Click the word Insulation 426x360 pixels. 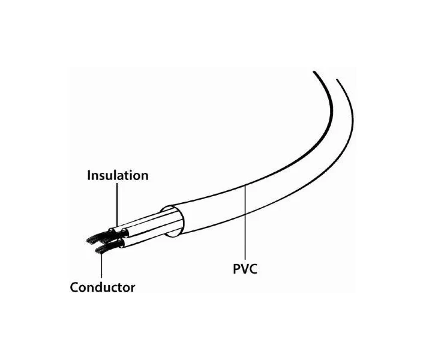tap(118, 175)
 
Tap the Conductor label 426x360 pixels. tap(103, 287)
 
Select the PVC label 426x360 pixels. tap(245, 269)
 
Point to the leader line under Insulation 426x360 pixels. tap(117, 205)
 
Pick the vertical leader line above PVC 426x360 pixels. tap(245, 222)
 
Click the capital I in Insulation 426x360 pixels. tap(89, 176)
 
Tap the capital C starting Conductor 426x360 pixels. tap(74, 287)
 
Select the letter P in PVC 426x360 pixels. tap(236, 269)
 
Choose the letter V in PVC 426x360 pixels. tap(244, 269)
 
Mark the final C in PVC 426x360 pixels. tap(253, 269)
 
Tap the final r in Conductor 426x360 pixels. tap(133, 289)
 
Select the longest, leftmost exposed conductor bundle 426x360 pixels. tap(99, 237)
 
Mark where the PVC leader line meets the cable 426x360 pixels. tap(245, 186)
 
